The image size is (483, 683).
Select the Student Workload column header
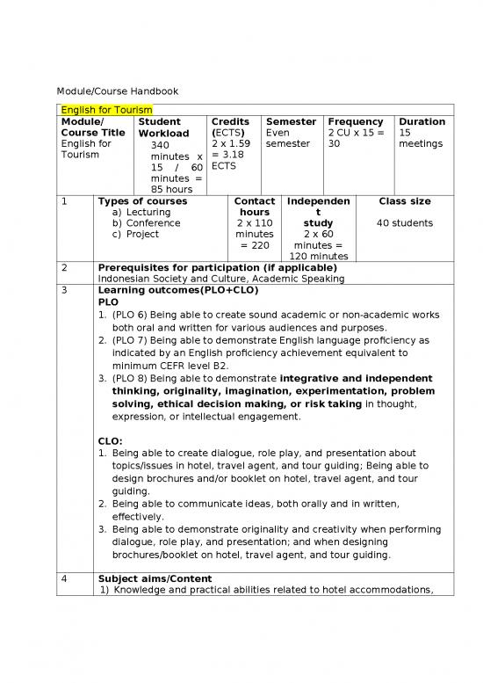(x=158, y=127)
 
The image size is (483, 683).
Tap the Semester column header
(x=291, y=121)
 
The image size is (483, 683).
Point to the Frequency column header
(x=355, y=121)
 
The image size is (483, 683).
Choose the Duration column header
(x=422, y=121)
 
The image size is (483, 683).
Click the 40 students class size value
(x=404, y=222)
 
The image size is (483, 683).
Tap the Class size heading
(x=404, y=201)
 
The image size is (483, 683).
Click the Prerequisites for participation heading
(x=218, y=267)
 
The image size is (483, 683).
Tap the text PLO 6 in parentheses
(x=131, y=314)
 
